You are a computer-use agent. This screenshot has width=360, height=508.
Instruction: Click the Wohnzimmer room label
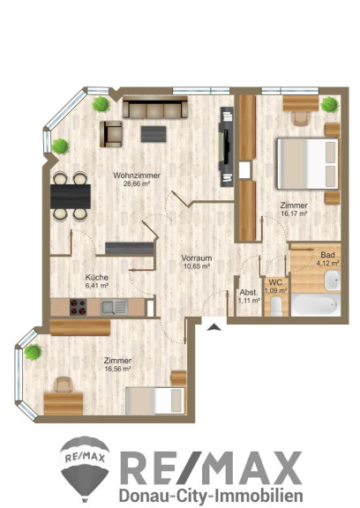pyautogui.click(x=137, y=176)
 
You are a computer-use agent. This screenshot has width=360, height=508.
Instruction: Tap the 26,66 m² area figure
pyautogui.click(x=137, y=183)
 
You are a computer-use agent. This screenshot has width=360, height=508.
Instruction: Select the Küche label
pyautogui.click(x=96, y=277)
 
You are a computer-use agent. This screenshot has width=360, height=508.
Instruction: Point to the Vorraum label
pyautogui.click(x=197, y=258)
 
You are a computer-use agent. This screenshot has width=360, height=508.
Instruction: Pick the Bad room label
pyautogui.click(x=327, y=255)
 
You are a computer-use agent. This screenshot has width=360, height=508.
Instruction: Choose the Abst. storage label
pyautogui.click(x=249, y=292)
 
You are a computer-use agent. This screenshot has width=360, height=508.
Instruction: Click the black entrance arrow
pyautogui.click(x=214, y=327)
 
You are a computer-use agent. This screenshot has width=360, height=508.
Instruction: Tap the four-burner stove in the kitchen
pyautogui.click(x=79, y=307)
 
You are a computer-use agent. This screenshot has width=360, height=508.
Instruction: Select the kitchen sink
pyautogui.click(x=114, y=307)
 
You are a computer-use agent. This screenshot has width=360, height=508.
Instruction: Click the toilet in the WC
pyautogui.click(x=276, y=306)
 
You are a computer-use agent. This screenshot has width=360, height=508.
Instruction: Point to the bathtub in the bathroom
pyautogui.click(x=316, y=304)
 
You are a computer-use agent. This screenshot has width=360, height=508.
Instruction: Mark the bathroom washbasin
pyautogui.click(x=333, y=280)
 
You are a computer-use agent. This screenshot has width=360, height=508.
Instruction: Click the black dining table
pyautogui.click(x=71, y=197)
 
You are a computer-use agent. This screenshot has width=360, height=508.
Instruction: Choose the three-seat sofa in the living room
pyautogui.click(x=155, y=107)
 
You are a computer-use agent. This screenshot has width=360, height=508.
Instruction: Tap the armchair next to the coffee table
pyautogui.click(x=111, y=134)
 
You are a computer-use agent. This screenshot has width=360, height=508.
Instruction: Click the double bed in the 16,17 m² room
pyautogui.click(x=308, y=164)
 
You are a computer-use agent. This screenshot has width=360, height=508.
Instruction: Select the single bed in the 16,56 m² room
pyautogui.click(x=155, y=400)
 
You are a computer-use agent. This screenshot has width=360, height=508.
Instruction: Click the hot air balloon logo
pyautogui.click(x=85, y=467)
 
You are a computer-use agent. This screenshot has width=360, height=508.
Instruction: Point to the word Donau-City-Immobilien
pyautogui.click(x=211, y=496)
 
